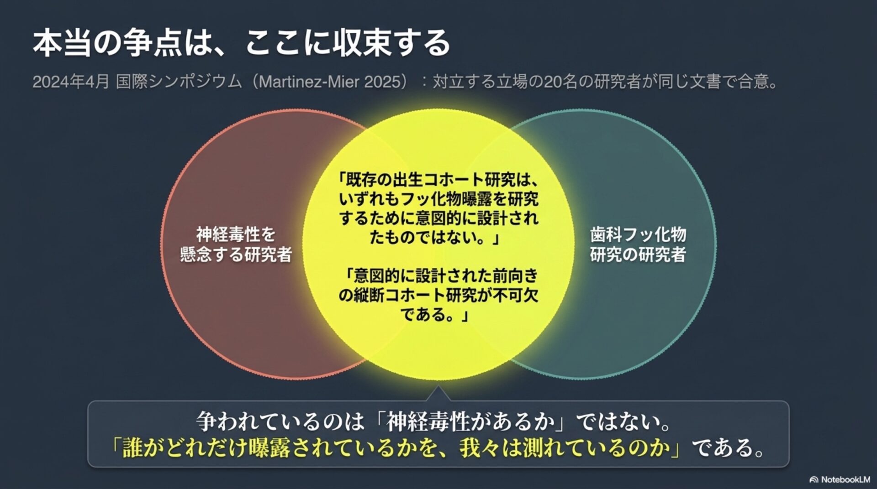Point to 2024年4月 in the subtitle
point(71,82)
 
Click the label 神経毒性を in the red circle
point(236,234)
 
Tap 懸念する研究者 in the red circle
point(236,255)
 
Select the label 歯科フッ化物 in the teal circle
point(638,234)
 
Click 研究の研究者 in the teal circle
point(638,255)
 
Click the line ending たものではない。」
point(435,238)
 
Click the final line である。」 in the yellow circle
point(435,314)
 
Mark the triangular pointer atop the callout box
point(438,394)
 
